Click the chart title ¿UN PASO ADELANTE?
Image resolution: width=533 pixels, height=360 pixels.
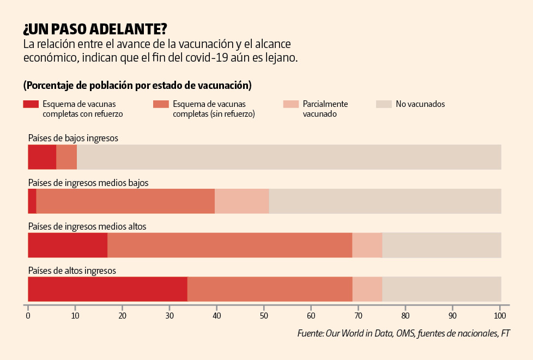coord(95,28)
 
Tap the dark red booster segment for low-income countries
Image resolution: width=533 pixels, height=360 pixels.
coord(42,157)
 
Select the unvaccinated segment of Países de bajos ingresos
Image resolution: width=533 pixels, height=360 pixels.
coord(289,157)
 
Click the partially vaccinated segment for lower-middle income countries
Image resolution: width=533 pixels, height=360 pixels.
coord(242,201)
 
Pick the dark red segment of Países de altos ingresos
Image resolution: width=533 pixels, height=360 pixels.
coord(107,289)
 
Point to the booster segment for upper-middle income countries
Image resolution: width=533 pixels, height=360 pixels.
coord(68,245)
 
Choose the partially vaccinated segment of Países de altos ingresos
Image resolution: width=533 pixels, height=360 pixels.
coord(367,289)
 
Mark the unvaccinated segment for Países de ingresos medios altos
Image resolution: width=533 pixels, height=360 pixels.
coord(441,245)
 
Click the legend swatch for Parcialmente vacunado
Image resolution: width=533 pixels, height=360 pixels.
coord(291,104)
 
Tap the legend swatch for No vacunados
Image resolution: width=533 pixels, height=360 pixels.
coord(383,104)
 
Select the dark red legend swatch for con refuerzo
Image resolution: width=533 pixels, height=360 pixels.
coord(31,104)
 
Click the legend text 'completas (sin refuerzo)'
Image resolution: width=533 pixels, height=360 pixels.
coord(214,114)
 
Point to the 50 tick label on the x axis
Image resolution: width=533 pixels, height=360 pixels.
coord(264,315)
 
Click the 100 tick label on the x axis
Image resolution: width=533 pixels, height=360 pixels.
coord(500,315)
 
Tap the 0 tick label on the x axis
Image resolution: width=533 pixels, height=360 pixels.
coord(28,315)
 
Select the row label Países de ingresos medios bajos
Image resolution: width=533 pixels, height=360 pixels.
coord(88,183)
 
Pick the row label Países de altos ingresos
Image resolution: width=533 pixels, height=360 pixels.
coord(72,271)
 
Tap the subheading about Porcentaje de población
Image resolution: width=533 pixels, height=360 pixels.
coord(137,86)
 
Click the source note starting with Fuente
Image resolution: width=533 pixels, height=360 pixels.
coord(404,333)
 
